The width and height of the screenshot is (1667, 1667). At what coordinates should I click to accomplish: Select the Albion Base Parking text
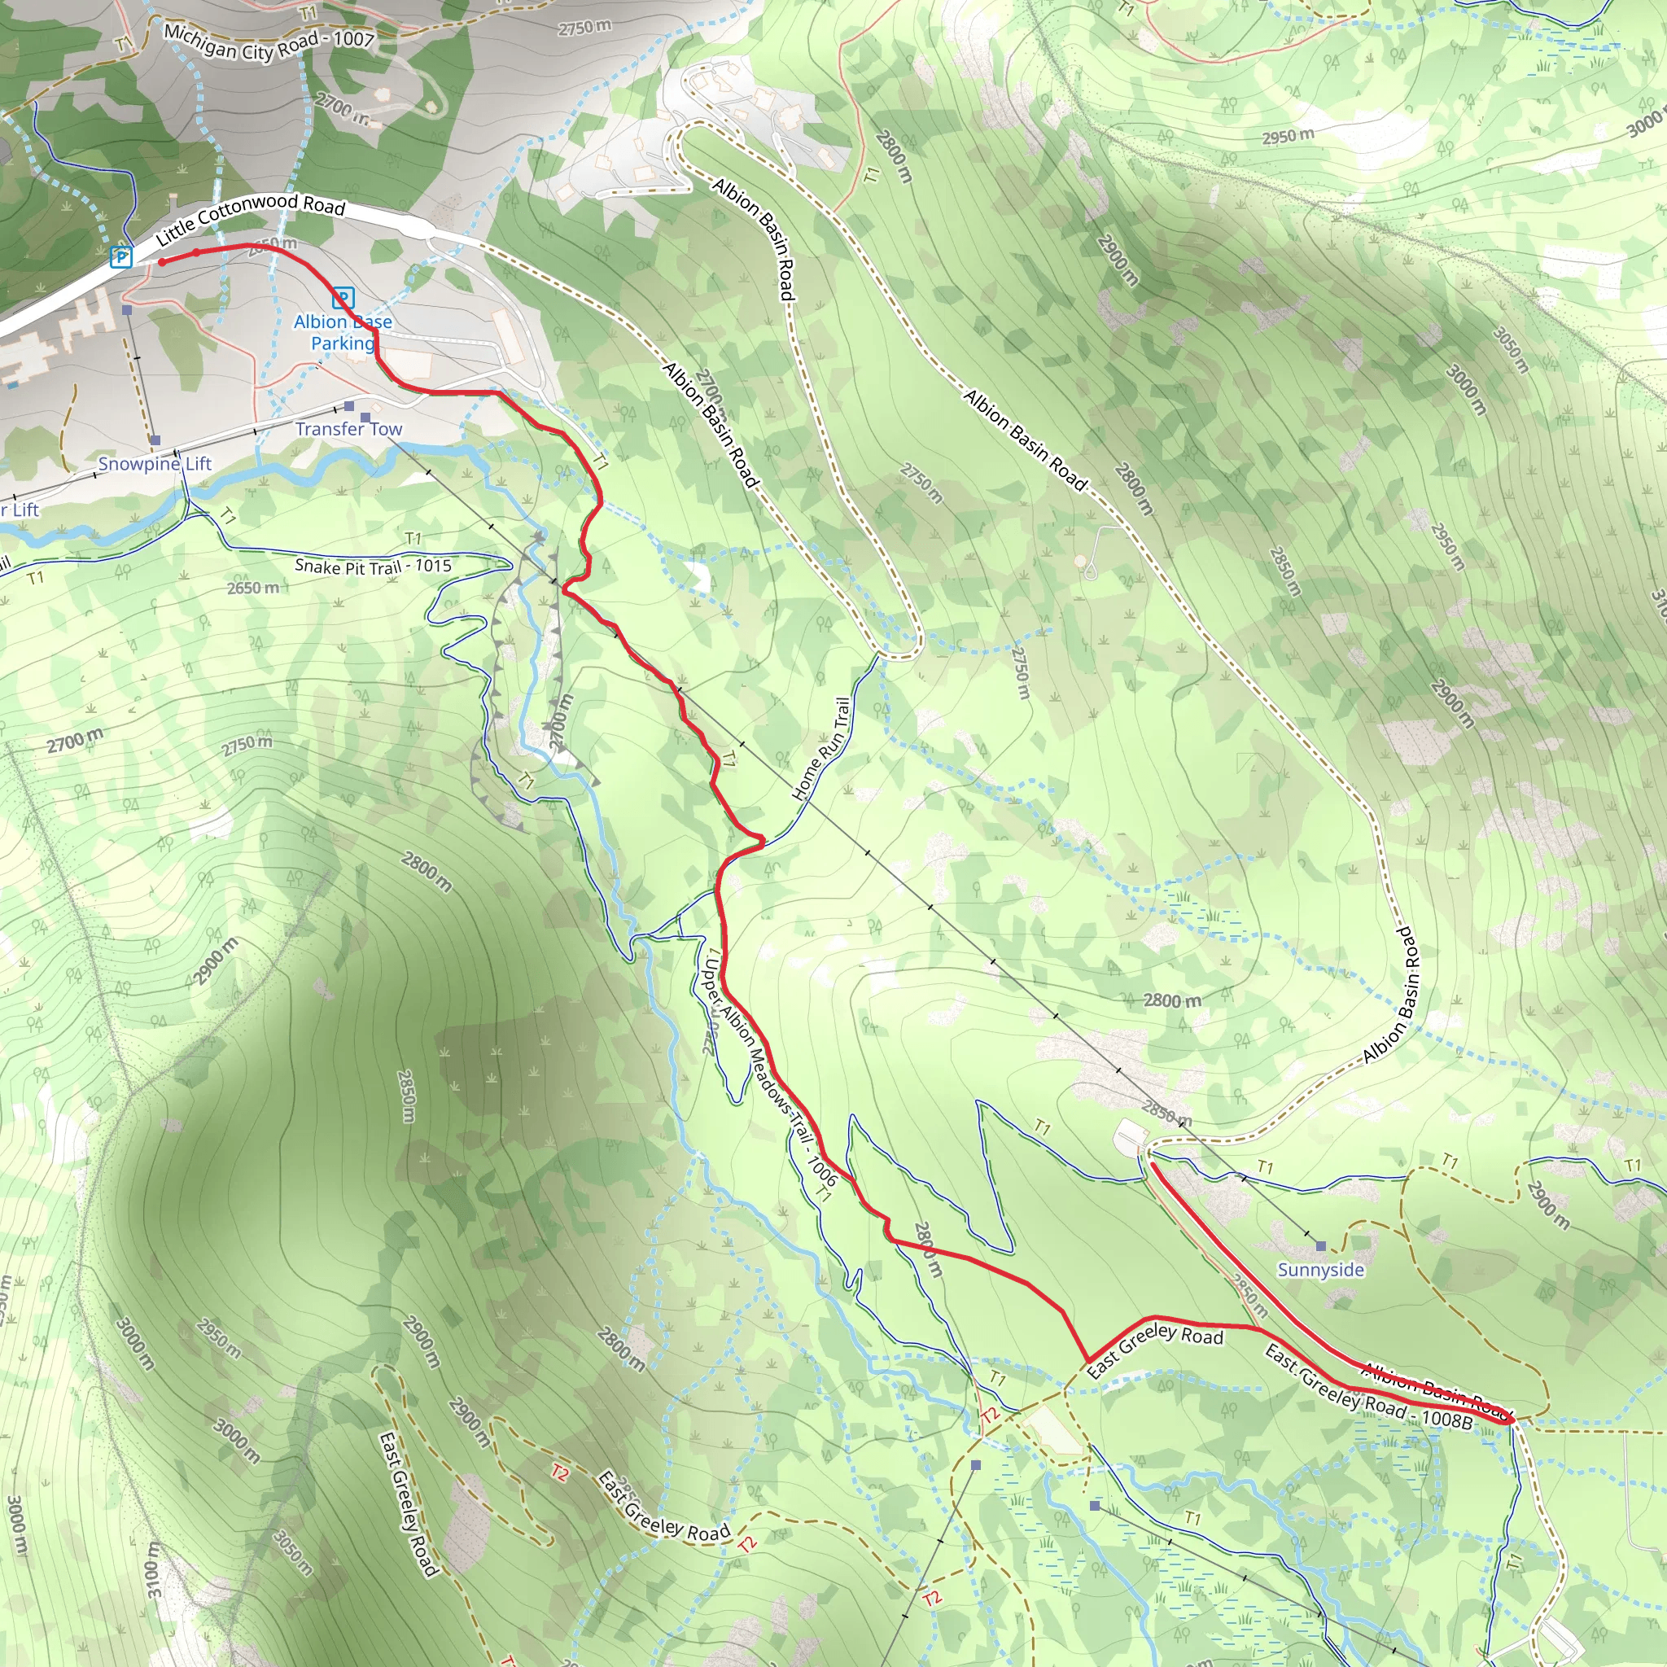click(343, 332)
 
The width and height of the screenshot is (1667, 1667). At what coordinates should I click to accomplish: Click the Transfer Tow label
click(348, 429)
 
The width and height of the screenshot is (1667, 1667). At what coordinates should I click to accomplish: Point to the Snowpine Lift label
click(155, 463)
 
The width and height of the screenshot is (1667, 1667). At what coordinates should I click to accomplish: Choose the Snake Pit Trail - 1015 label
click(373, 566)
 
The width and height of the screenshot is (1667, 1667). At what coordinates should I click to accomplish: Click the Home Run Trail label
click(821, 748)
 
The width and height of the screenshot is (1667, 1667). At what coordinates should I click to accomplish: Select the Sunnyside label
click(1320, 1270)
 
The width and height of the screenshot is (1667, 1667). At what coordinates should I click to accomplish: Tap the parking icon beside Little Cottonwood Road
click(121, 256)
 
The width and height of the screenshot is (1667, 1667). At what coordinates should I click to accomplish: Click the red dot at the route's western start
click(161, 261)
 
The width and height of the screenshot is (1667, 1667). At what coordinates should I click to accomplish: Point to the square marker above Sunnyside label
click(1320, 1246)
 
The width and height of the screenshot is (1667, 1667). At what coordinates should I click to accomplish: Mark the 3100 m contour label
click(153, 1569)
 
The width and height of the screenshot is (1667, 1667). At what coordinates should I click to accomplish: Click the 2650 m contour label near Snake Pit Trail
click(254, 588)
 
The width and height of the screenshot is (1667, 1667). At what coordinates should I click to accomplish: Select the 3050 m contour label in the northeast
click(1511, 350)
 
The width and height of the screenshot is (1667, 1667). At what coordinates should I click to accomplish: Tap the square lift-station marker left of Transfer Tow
click(348, 405)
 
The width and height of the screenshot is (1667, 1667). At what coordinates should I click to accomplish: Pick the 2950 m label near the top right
click(1289, 136)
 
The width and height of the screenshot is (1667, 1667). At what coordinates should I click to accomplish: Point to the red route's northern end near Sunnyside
click(1153, 1164)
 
